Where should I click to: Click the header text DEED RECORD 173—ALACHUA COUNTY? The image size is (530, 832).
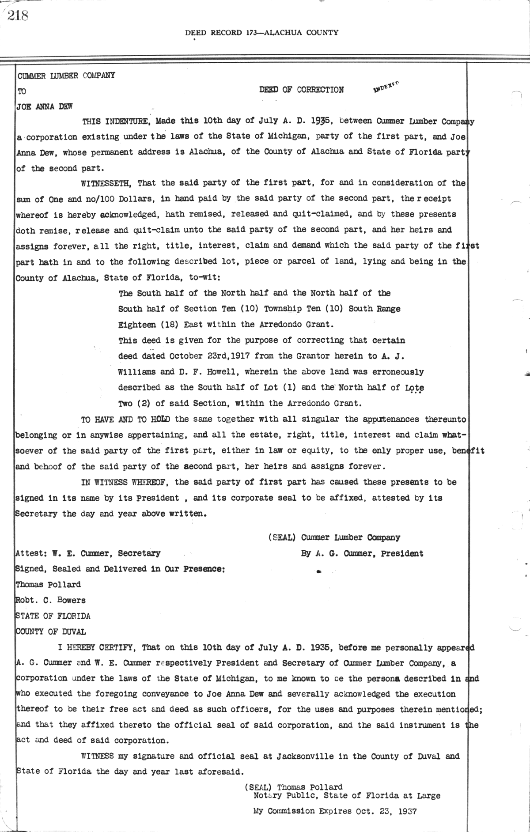coord(261,32)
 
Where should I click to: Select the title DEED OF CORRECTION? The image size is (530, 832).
coord(301,90)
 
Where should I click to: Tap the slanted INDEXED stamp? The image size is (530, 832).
coord(386,86)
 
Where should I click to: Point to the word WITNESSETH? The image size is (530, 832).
coord(107,182)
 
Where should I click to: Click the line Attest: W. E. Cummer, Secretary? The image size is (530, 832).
coord(88,553)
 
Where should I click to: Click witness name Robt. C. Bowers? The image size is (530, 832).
coord(51,600)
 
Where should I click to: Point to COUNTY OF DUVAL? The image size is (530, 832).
coord(51,632)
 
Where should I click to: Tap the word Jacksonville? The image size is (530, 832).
coord(305,756)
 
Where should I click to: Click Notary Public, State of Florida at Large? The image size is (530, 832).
coord(347,796)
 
